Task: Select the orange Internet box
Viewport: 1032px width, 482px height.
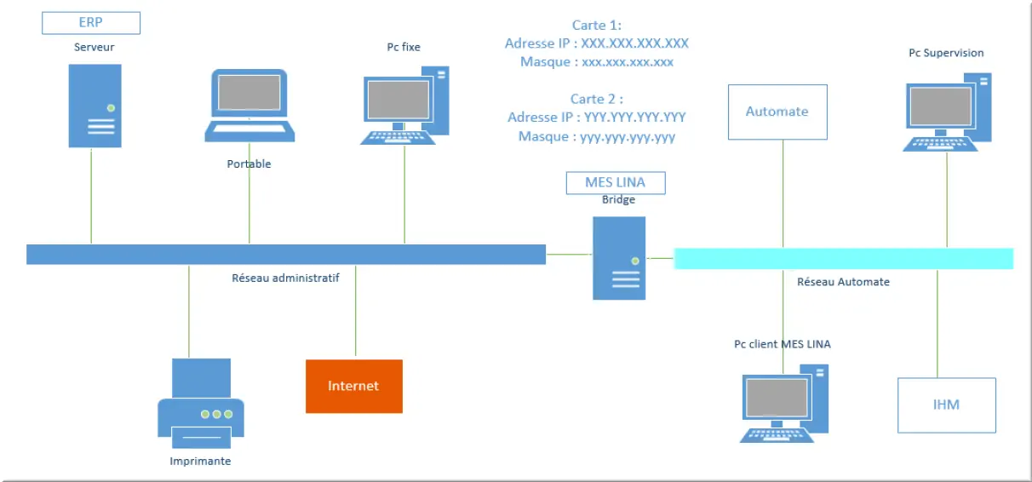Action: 354,386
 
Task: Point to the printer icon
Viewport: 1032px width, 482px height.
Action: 201,404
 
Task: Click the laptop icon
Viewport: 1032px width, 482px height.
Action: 249,106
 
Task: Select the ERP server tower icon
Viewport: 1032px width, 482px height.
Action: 95,106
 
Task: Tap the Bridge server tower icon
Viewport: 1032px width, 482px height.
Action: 619,258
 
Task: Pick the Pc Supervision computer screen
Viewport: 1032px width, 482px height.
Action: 941,106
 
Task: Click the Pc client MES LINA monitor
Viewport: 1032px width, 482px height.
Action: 777,397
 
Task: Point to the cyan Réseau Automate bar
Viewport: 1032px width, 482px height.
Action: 844,259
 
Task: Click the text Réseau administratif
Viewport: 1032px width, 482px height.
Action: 285,278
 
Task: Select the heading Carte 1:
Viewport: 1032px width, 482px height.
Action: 597,25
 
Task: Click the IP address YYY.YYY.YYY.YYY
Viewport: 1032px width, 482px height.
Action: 635,117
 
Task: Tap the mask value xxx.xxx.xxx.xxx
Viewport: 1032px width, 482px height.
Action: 628,62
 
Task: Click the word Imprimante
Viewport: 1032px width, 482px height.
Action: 200,461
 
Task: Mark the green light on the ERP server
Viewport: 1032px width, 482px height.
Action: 111,108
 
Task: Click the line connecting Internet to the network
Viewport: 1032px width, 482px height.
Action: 356,311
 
